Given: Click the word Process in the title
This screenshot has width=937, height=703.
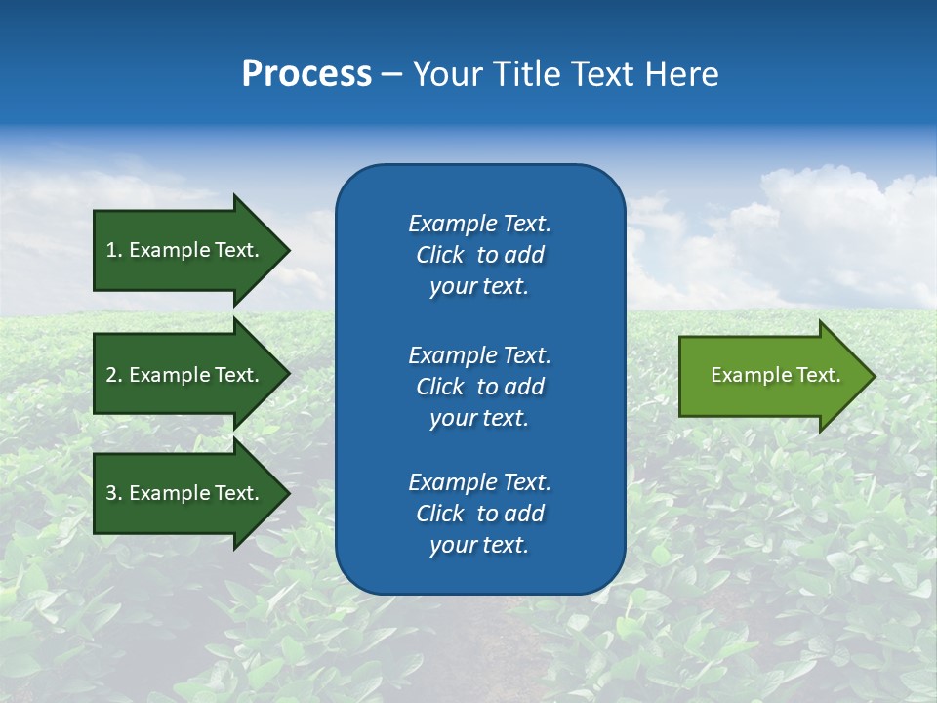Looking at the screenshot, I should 306,74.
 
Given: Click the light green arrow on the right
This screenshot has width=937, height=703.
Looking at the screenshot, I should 771,375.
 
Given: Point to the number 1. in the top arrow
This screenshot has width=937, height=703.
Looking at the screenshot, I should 113,250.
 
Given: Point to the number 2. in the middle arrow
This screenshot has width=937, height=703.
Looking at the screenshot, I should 113,375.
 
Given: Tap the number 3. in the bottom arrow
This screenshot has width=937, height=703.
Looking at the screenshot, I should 113,493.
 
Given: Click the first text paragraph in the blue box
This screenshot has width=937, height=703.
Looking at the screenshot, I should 479,255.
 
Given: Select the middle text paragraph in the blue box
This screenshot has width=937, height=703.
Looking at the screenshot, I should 479,387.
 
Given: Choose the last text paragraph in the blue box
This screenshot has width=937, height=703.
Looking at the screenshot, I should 479,514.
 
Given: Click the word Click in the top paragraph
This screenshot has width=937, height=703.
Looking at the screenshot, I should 439,255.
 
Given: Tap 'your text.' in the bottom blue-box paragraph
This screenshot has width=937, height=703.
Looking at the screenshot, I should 479,545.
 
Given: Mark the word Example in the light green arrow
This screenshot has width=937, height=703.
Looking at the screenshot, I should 744,375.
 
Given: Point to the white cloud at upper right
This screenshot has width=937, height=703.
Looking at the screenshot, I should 830,215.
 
